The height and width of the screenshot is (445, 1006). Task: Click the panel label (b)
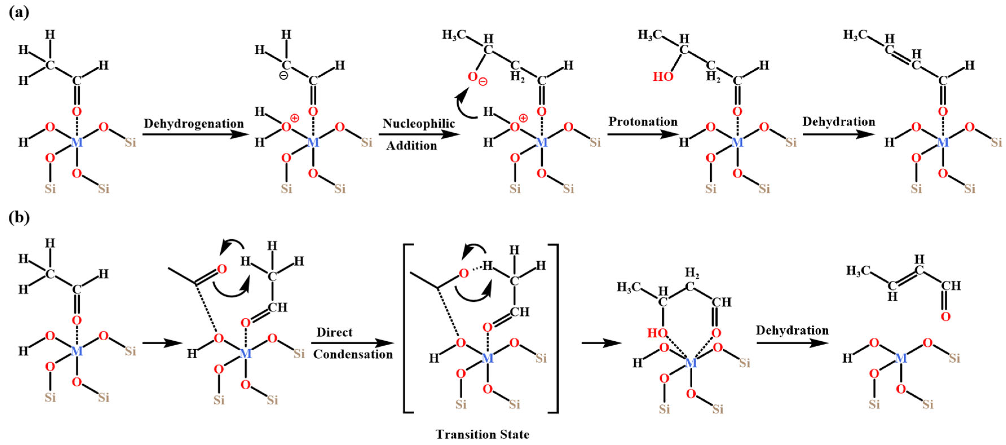click(19, 217)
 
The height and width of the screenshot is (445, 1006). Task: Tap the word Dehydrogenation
click(194, 124)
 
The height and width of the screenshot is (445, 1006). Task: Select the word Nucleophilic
click(419, 124)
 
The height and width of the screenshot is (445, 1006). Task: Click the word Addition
click(412, 146)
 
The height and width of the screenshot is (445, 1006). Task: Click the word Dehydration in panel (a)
click(839, 122)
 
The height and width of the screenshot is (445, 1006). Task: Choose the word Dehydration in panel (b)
click(792, 330)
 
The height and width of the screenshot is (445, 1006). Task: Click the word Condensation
click(353, 354)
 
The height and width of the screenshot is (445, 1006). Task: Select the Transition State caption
click(482, 434)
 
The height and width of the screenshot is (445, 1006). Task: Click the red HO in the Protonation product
click(663, 77)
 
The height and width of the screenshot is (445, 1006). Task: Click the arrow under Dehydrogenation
click(194, 135)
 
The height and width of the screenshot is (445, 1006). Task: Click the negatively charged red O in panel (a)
click(473, 77)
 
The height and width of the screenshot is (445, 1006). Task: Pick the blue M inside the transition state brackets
click(487, 358)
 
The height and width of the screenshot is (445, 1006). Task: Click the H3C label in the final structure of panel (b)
click(858, 270)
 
